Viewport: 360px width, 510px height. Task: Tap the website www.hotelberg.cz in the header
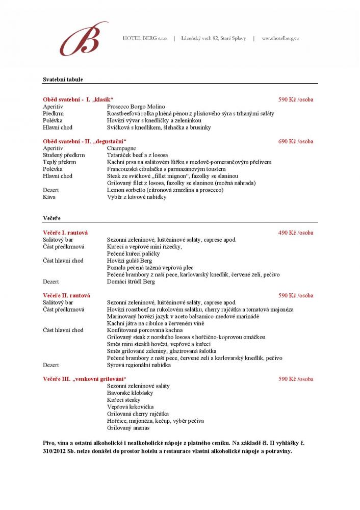[280, 38]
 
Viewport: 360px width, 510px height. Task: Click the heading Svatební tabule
[63, 80]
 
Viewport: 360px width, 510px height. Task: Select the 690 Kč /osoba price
[296, 141]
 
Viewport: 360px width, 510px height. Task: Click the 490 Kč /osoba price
[296, 233]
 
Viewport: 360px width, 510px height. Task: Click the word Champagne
[121, 148]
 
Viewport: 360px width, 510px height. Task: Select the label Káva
[49, 197]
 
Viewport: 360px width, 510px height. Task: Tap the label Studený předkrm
[64, 155]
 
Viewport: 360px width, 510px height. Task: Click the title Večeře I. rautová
[65, 233]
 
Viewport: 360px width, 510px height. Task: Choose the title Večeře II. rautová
[66, 295]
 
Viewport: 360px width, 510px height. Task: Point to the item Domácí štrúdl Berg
[131, 282]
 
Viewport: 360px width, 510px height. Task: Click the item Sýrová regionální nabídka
[139, 365]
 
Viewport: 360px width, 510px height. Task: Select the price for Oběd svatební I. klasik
[296, 99]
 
